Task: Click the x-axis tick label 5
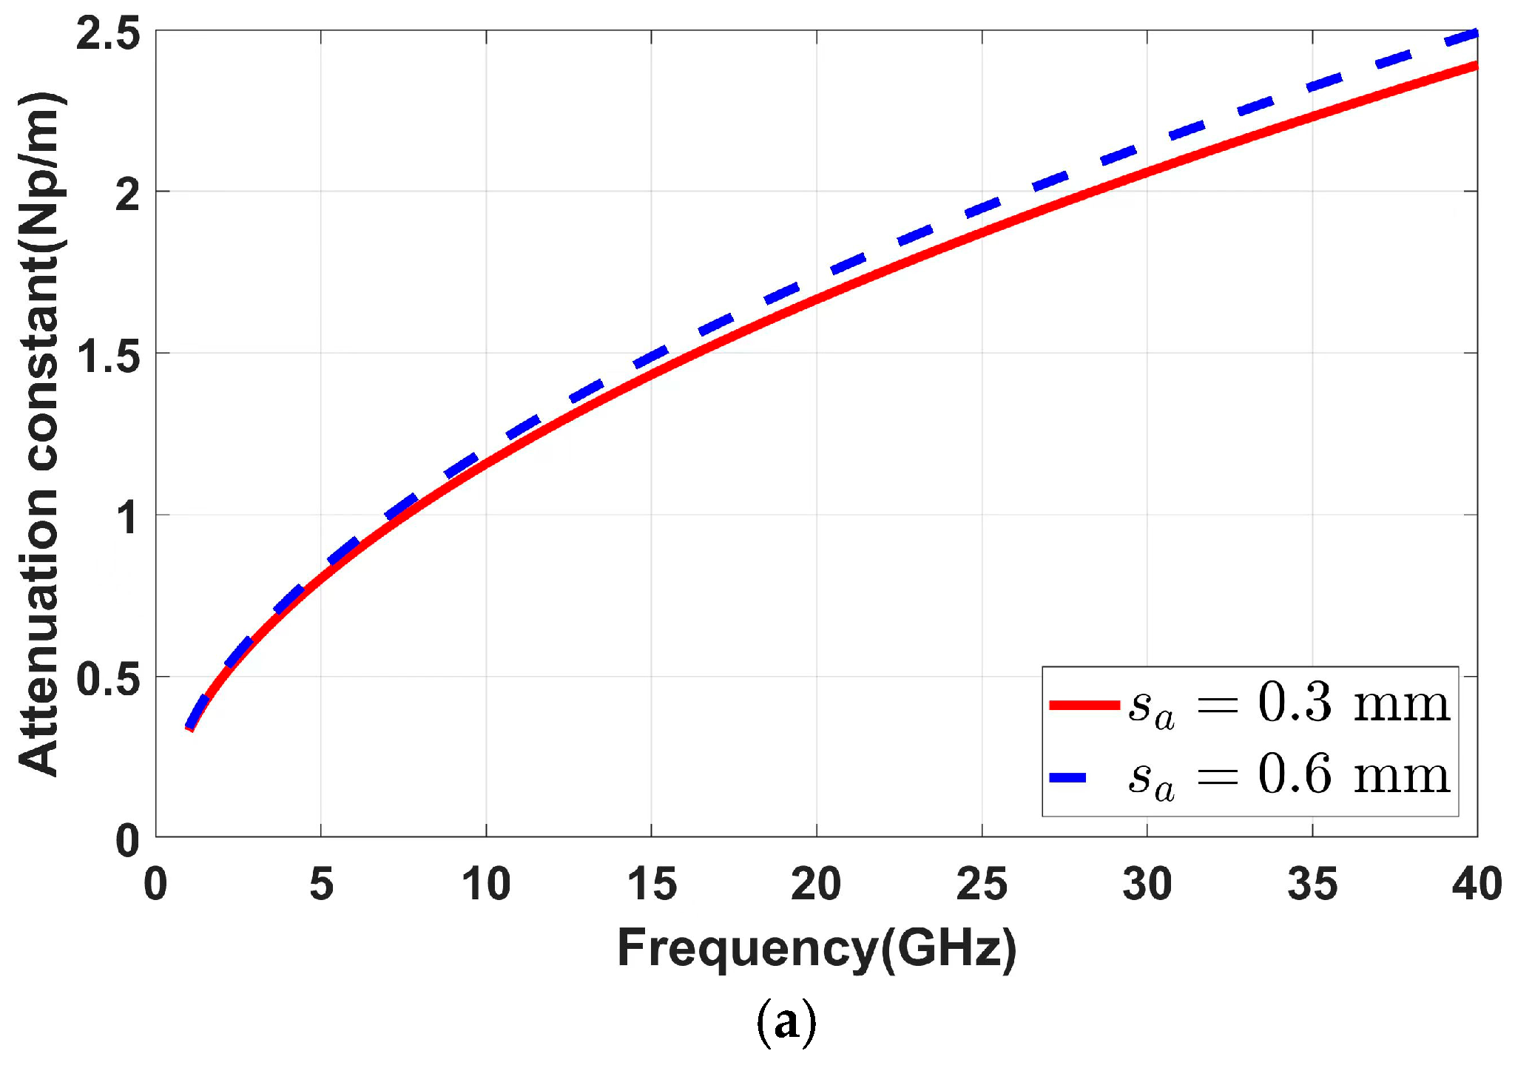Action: point(321,884)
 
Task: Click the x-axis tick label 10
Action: point(486,884)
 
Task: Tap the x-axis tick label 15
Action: point(652,884)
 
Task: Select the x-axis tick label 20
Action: point(816,884)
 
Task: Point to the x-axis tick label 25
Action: point(982,884)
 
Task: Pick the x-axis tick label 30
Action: point(1147,884)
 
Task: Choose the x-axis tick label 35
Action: point(1312,884)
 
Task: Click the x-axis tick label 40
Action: point(1477,884)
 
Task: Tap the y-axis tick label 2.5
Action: point(108,34)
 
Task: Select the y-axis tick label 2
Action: point(127,194)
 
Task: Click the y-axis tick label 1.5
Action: point(108,356)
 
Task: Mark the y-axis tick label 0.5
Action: point(108,679)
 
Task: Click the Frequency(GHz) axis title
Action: point(817,949)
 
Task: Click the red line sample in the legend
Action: point(1084,705)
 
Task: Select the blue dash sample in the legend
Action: point(1068,777)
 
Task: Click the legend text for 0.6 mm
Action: point(1289,777)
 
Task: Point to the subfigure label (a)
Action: point(786,1024)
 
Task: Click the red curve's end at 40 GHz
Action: point(1475,67)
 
